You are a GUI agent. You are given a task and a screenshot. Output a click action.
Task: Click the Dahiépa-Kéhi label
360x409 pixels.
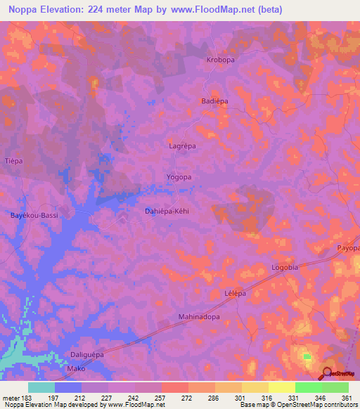click(168, 210)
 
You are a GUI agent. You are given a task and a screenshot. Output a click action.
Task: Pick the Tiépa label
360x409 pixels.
click(14, 161)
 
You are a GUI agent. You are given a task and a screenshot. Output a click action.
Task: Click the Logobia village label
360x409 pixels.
click(285, 268)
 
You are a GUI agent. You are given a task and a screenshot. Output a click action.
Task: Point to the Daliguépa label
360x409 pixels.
click(87, 355)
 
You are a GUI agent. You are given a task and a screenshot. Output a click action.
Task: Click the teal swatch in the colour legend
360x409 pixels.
click(41, 387)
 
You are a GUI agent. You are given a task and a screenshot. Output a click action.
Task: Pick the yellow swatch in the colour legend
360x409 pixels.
click(282, 387)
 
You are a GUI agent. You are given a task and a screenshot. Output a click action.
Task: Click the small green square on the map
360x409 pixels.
click(307, 356)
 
